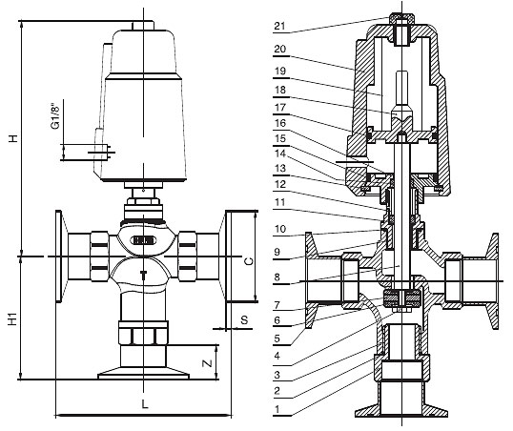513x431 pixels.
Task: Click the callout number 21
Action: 279,26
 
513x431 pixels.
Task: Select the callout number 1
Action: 277,409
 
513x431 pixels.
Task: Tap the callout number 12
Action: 280,185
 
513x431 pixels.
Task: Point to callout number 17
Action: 280,108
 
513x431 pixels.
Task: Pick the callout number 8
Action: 277,277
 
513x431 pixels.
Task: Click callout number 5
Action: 277,339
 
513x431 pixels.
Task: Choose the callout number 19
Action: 280,71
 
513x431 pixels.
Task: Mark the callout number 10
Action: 280,229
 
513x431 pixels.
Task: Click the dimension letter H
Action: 13,138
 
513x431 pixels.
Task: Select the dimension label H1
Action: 12,319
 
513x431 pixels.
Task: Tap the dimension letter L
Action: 145,404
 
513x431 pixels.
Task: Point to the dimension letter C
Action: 249,261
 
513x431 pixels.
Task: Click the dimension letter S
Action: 244,319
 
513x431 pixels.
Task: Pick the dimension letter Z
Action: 207,363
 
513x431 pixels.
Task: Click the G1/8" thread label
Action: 55,117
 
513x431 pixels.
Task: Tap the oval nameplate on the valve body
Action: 143,241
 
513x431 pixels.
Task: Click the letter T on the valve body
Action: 143,275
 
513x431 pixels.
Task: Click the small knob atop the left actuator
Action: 143,26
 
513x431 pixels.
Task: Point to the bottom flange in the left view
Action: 143,374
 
